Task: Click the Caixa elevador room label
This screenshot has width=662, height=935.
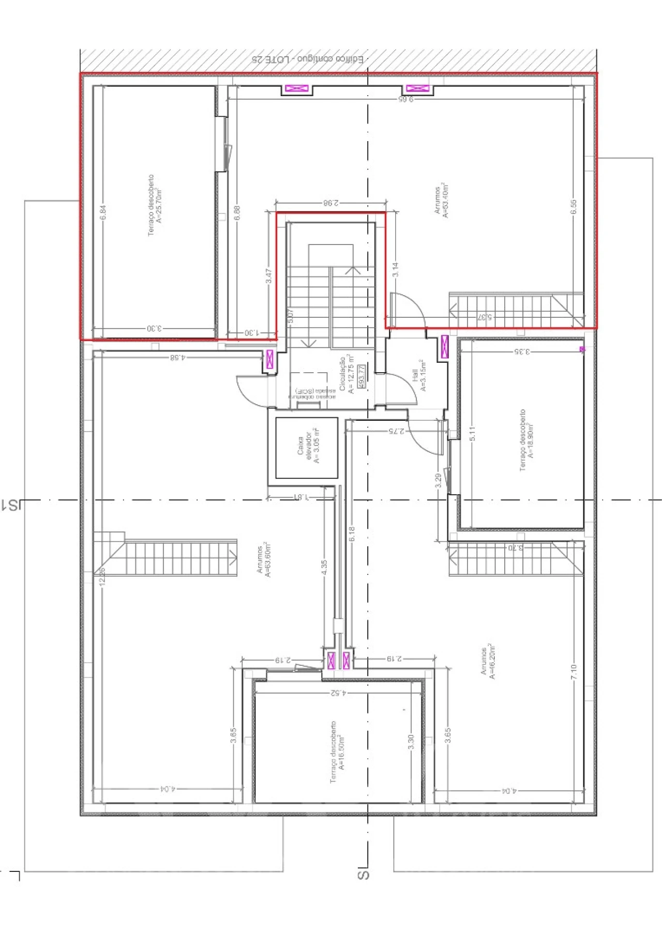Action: [308, 447]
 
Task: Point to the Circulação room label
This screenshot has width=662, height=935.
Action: [347, 375]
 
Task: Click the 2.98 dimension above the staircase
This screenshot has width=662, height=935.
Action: [330, 203]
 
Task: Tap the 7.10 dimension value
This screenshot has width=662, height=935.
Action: [574, 672]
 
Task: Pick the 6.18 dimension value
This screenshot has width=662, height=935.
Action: [352, 534]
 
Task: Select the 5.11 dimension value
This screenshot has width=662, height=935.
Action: [472, 433]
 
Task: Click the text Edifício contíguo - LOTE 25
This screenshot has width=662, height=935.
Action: [307, 59]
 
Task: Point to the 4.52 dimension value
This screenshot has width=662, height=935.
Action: [338, 693]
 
